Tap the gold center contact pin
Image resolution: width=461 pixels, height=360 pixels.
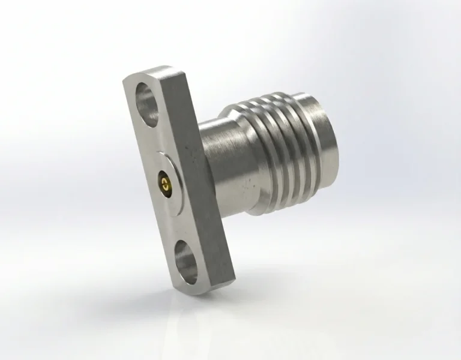click(x=164, y=181)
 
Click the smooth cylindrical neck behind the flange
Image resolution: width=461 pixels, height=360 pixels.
click(x=219, y=162)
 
